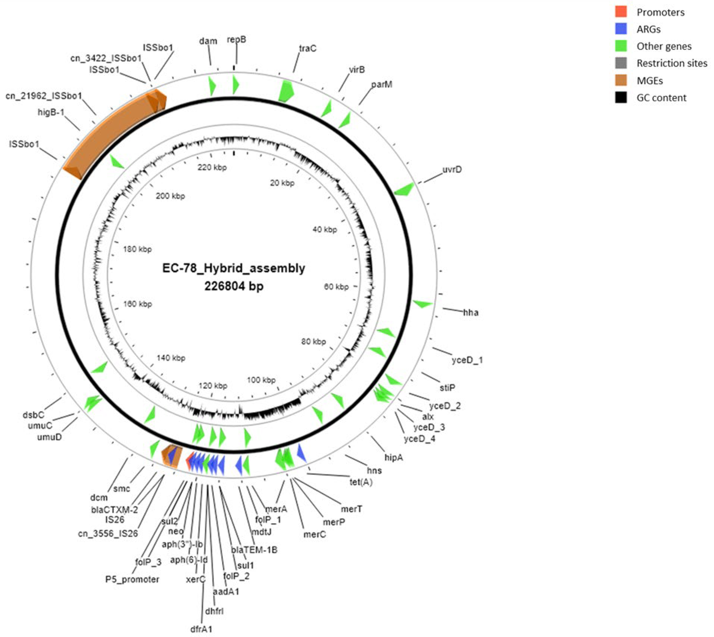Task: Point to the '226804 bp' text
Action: click(234, 286)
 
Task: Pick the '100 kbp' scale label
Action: click(261, 380)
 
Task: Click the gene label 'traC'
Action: click(307, 48)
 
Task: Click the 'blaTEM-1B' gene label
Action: click(254, 550)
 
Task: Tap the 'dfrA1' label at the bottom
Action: click(201, 629)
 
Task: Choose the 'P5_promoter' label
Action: click(132, 579)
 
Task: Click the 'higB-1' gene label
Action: click(53, 112)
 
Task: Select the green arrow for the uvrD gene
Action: click(405, 189)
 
